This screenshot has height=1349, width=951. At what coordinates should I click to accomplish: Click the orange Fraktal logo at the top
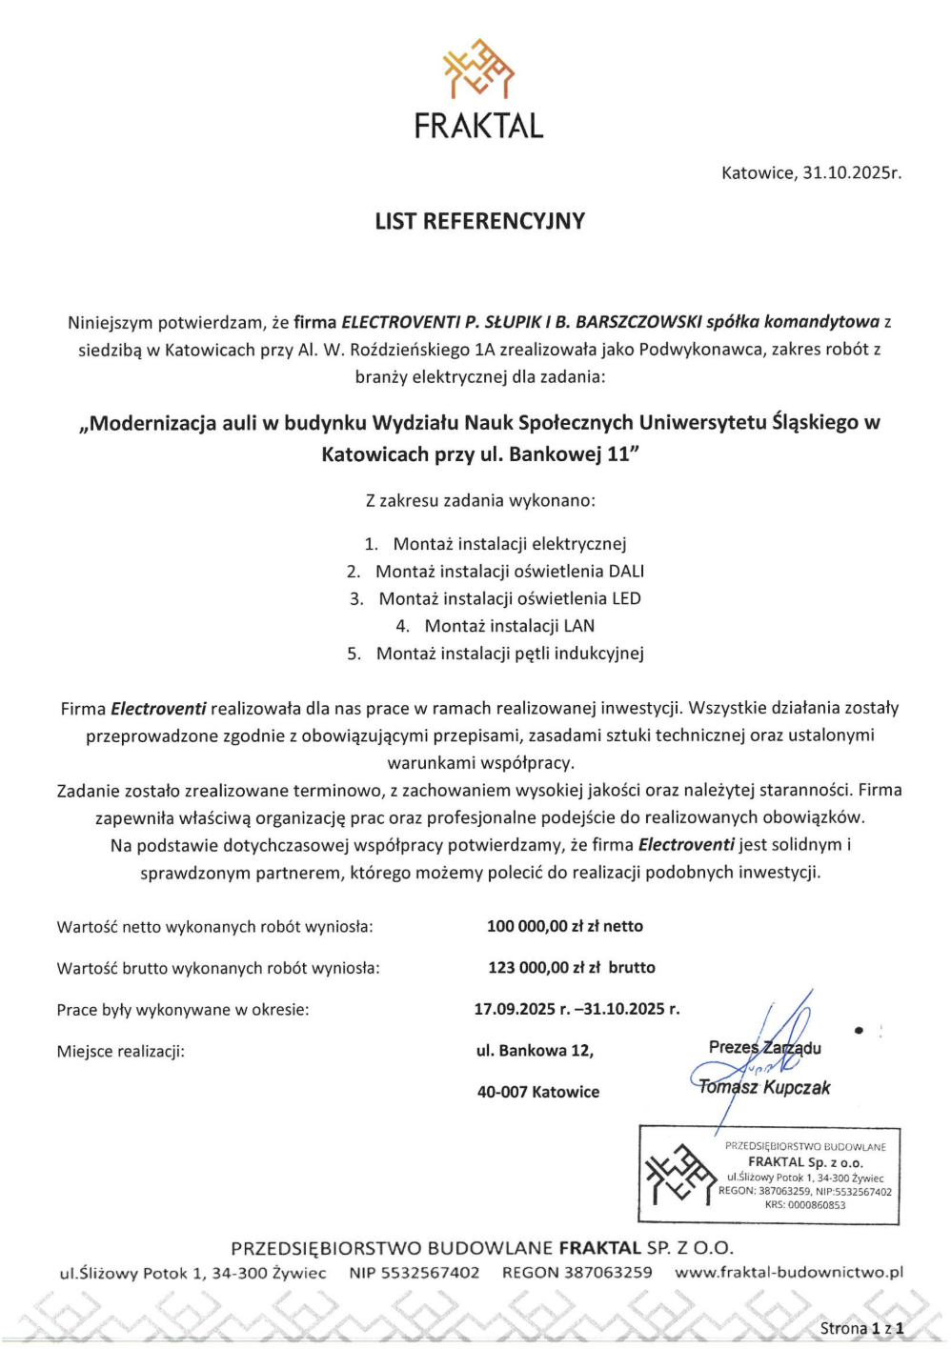tap(478, 69)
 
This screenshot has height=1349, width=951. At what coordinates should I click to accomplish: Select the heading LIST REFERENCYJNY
tap(479, 221)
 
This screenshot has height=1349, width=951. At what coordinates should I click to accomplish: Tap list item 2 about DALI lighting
tap(508, 572)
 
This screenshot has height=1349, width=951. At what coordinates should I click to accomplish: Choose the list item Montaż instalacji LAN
tap(508, 626)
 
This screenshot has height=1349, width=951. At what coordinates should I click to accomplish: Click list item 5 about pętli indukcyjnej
tap(509, 654)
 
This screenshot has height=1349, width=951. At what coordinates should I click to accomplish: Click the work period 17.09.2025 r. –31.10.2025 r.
tap(577, 1009)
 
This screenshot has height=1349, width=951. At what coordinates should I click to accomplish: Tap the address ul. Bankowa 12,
tap(535, 1051)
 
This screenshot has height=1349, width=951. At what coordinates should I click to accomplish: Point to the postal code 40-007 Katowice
tap(538, 1092)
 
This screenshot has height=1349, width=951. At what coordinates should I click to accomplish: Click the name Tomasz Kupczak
tap(764, 1087)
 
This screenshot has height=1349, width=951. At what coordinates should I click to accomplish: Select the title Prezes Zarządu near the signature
tap(764, 1047)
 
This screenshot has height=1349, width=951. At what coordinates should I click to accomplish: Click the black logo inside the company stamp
tap(679, 1175)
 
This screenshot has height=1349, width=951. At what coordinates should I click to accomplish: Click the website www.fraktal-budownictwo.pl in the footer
tap(788, 1272)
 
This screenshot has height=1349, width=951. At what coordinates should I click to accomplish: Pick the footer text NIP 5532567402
tap(415, 1272)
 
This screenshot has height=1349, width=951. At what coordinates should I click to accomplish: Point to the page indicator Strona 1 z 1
tap(861, 1328)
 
